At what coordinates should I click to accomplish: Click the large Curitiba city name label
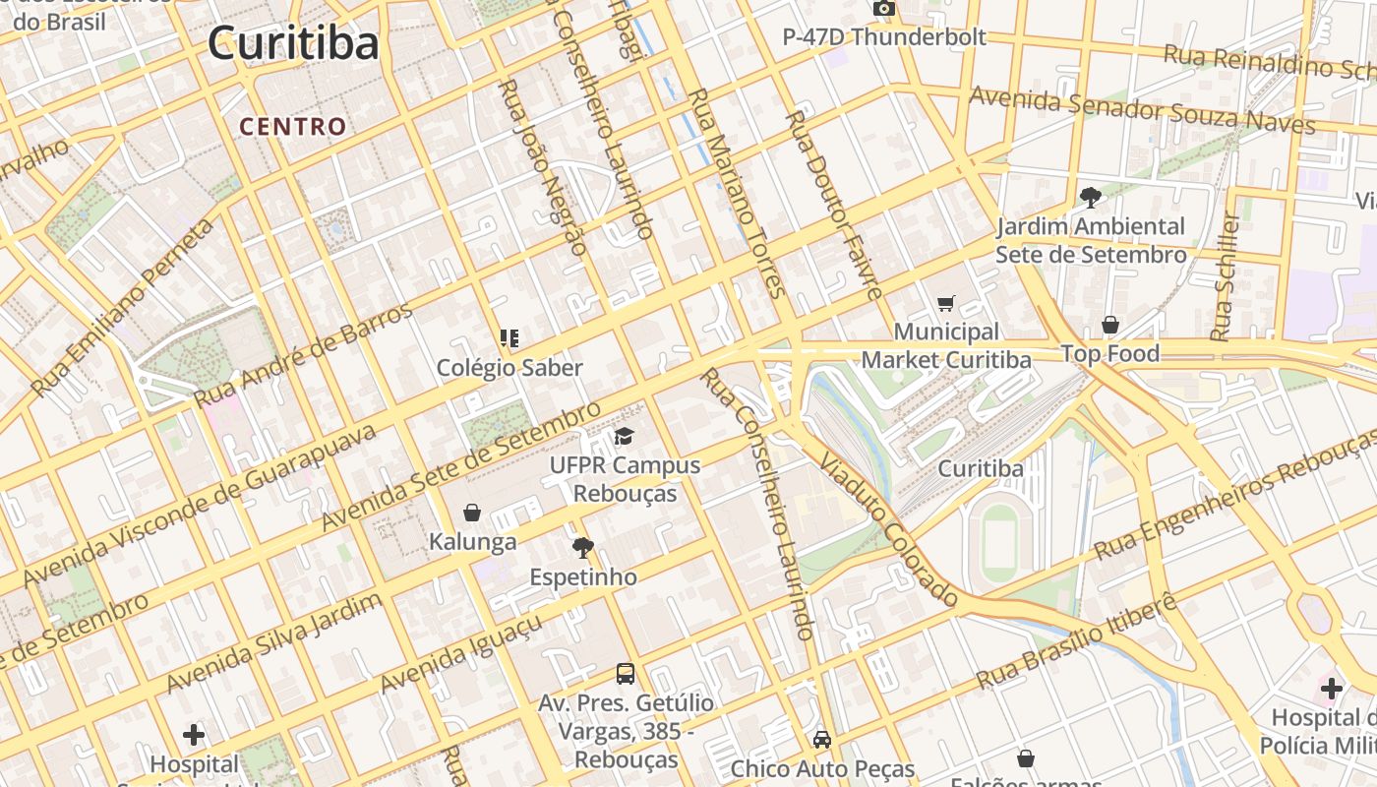coord(293,43)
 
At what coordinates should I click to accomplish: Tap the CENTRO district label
coord(293,127)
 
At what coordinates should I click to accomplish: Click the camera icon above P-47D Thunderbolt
coord(883,9)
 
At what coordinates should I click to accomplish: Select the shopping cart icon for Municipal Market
coord(946,304)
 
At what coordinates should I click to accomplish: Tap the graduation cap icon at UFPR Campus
coord(625,437)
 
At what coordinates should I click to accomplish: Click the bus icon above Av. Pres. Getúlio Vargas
coord(626,674)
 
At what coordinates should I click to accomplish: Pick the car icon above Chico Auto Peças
coord(822,740)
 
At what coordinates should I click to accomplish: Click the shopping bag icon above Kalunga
coord(472,513)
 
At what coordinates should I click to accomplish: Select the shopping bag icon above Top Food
coord(1110,325)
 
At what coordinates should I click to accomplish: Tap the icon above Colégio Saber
coord(509,339)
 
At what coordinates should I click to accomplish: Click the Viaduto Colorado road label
coord(888,531)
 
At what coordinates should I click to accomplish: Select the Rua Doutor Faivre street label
coord(834,205)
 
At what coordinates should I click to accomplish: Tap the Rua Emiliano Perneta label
coord(124,308)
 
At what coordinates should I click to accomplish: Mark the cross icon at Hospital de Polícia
coord(1332,688)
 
